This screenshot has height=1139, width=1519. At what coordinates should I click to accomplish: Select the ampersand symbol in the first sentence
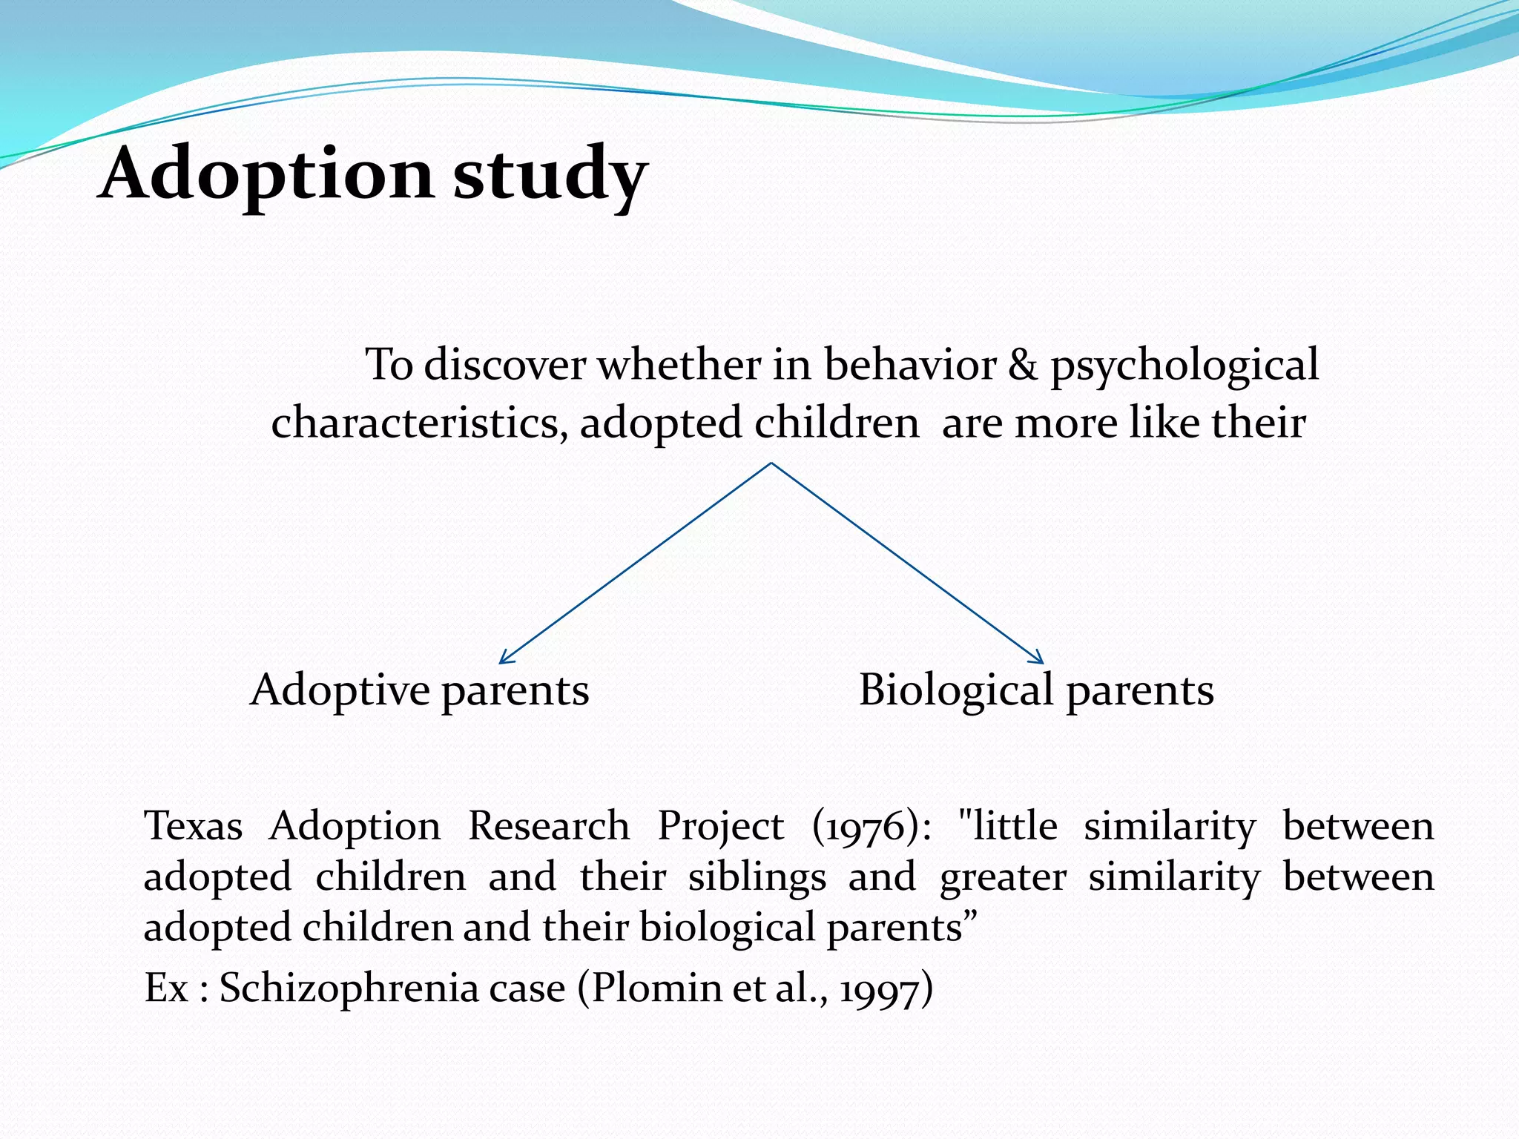(1023, 365)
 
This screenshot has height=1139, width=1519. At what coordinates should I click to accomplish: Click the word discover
(504, 365)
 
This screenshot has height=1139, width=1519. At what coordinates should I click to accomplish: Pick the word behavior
(910, 365)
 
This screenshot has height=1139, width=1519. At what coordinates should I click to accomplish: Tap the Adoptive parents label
(420, 691)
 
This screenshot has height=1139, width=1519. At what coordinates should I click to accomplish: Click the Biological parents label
(1036, 691)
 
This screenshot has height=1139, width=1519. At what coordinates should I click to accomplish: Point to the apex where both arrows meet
(771, 464)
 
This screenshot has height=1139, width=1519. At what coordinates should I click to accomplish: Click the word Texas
(193, 826)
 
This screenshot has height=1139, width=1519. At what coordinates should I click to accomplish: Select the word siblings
(757, 878)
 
